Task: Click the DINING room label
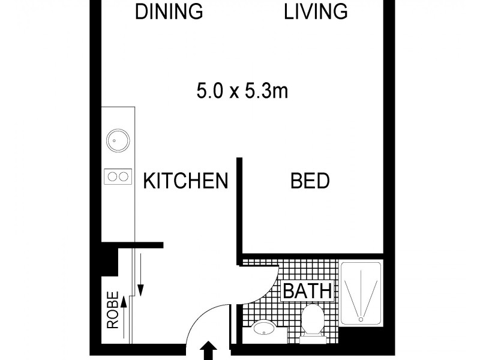tap(169, 12)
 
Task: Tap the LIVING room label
tap(316, 12)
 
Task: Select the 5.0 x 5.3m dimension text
tap(242, 91)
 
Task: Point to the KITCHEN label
tap(186, 181)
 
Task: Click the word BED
tap(310, 181)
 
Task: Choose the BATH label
tap(307, 292)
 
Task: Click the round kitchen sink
tap(117, 141)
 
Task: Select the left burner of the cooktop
tap(112, 176)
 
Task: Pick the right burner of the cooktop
tap(123, 176)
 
